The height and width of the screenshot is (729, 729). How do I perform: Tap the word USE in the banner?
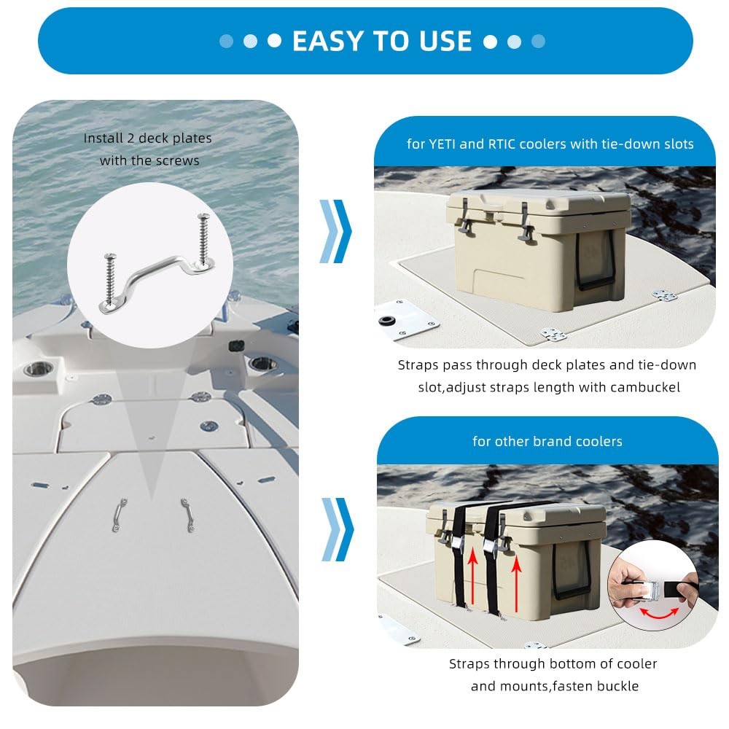[445, 41]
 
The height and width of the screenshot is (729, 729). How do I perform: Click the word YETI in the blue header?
[442, 144]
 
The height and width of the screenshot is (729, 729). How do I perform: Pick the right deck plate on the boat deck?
[187, 515]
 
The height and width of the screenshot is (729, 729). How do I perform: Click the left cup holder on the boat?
[39, 370]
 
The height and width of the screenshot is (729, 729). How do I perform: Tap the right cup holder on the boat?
[262, 363]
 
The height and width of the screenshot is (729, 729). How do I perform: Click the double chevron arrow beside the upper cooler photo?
[335, 231]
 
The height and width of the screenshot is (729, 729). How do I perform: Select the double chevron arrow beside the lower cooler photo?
[338, 529]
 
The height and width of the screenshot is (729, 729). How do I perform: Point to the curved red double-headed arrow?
[659, 615]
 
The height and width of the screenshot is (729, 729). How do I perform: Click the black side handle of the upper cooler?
[596, 261]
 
